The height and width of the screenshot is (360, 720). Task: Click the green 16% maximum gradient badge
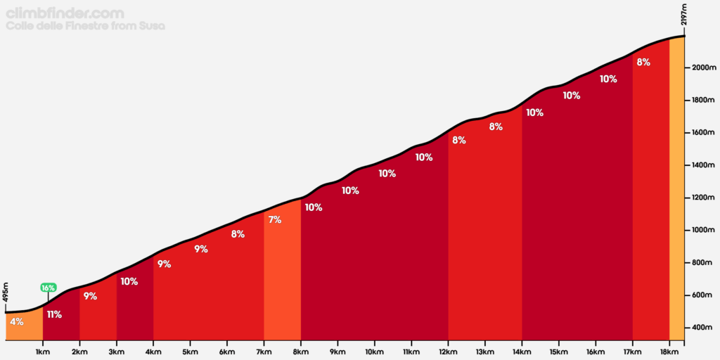click(x=48, y=288)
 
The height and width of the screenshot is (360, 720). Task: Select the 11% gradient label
click(x=54, y=314)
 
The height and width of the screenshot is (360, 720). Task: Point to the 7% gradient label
click(x=275, y=219)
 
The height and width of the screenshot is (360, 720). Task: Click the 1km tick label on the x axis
click(x=42, y=352)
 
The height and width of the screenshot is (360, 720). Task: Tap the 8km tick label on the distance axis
click(x=301, y=352)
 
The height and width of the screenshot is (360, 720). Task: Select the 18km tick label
click(x=669, y=352)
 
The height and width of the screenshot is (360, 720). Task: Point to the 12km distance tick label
click(x=448, y=352)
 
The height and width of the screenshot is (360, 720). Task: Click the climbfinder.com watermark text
click(x=65, y=13)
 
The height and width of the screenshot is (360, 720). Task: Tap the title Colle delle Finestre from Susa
click(x=84, y=26)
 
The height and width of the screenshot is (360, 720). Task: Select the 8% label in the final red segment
click(x=643, y=62)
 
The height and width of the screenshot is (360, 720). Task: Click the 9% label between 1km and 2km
click(x=90, y=296)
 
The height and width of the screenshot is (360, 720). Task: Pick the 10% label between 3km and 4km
click(x=129, y=281)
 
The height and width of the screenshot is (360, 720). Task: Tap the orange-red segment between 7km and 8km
click(x=282, y=281)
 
